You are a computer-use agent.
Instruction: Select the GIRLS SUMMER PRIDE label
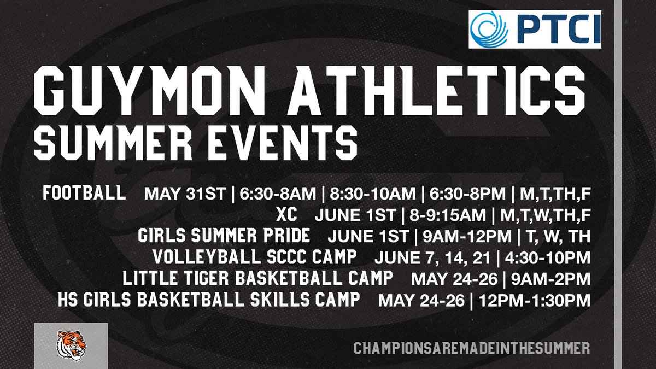point(225,236)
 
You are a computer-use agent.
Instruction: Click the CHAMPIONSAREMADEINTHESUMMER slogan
point(472,348)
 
